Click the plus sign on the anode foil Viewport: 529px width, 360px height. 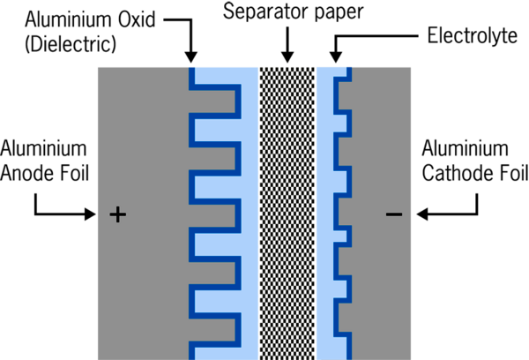118,214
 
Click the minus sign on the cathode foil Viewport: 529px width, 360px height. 394,214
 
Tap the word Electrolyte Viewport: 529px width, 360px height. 473,36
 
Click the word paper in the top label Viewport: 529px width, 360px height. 339,13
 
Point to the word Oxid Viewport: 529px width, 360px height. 137,19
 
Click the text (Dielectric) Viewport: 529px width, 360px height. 71,44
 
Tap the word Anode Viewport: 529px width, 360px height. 28,173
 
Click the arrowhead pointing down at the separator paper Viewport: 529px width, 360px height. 287,57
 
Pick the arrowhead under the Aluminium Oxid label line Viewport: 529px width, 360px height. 191,57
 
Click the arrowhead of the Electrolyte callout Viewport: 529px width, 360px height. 336,57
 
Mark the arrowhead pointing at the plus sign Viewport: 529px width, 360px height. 90,214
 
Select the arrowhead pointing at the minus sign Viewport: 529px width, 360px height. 422,214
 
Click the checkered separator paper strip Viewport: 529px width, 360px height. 287,214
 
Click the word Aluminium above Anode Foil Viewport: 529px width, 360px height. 43,148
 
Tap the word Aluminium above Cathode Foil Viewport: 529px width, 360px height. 466,148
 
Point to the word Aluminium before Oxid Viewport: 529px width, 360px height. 69,19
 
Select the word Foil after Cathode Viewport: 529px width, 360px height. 514,173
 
